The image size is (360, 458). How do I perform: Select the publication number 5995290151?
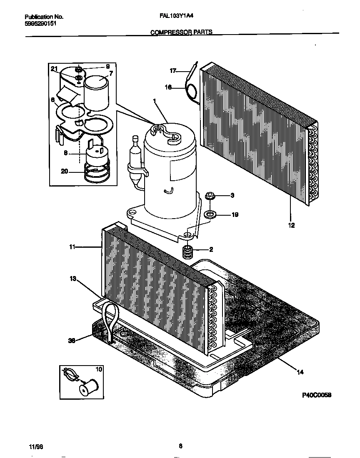[x=41, y=24]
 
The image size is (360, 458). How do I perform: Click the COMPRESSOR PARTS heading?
[x=181, y=32]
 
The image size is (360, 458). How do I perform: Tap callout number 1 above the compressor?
[x=155, y=101]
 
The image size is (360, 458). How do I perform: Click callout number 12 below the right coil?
[x=291, y=225]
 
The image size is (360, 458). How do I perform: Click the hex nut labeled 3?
[x=210, y=195]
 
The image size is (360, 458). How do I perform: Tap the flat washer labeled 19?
[x=210, y=215]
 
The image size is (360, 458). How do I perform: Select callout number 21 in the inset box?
[x=54, y=69]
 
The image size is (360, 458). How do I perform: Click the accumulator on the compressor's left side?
[x=135, y=162]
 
